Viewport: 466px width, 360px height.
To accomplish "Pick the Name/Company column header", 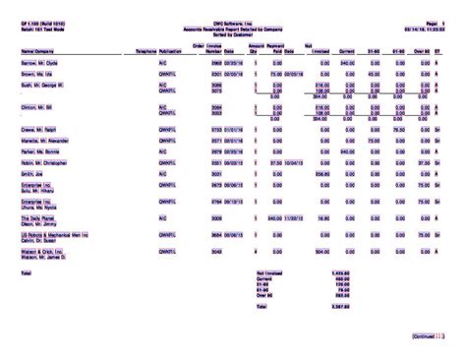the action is pos(37,48).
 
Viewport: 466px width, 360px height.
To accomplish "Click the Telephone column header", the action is pos(145,48).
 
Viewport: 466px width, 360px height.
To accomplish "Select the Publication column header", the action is pos(169,48).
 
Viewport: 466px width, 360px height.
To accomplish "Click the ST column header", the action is pos(437,48).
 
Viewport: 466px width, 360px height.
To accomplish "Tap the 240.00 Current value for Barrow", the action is pos(347,61).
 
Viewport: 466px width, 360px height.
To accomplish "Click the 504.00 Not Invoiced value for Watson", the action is pos(320,251).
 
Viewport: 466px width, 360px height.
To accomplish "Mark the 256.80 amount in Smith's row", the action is pos(320,173).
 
